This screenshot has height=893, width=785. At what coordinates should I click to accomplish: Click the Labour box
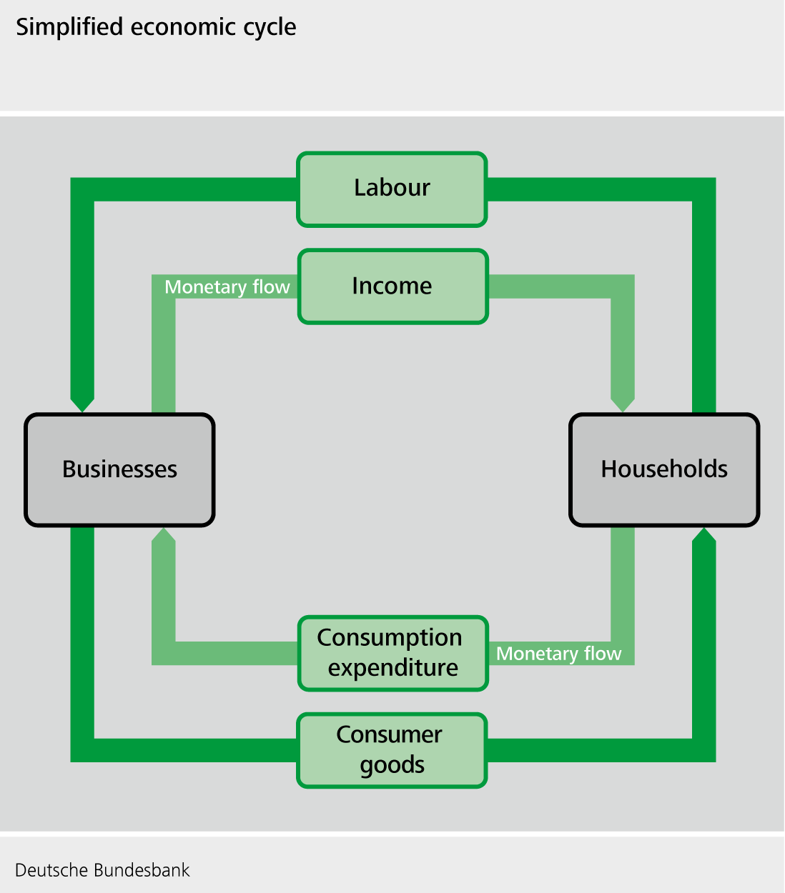[392, 189]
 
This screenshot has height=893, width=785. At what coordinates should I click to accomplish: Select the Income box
[393, 286]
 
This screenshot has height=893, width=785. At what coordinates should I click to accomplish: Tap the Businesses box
[119, 469]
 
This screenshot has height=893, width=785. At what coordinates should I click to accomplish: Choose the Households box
[664, 469]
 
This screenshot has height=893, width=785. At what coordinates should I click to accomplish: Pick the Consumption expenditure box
[393, 653]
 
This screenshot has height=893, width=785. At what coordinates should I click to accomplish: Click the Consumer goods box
[392, 750]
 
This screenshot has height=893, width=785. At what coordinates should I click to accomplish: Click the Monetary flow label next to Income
[227, 287]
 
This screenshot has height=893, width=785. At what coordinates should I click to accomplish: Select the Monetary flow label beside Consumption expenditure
[558, 654]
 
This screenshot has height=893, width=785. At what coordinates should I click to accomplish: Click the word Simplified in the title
[69, 27]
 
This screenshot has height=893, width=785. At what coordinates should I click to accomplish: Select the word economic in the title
[183, 27]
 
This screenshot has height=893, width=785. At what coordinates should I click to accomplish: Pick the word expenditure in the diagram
[393, 669]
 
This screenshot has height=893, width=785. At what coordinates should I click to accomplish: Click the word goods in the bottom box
[392, 766]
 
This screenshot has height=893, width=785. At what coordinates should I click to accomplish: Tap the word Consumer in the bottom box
[389, 734]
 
